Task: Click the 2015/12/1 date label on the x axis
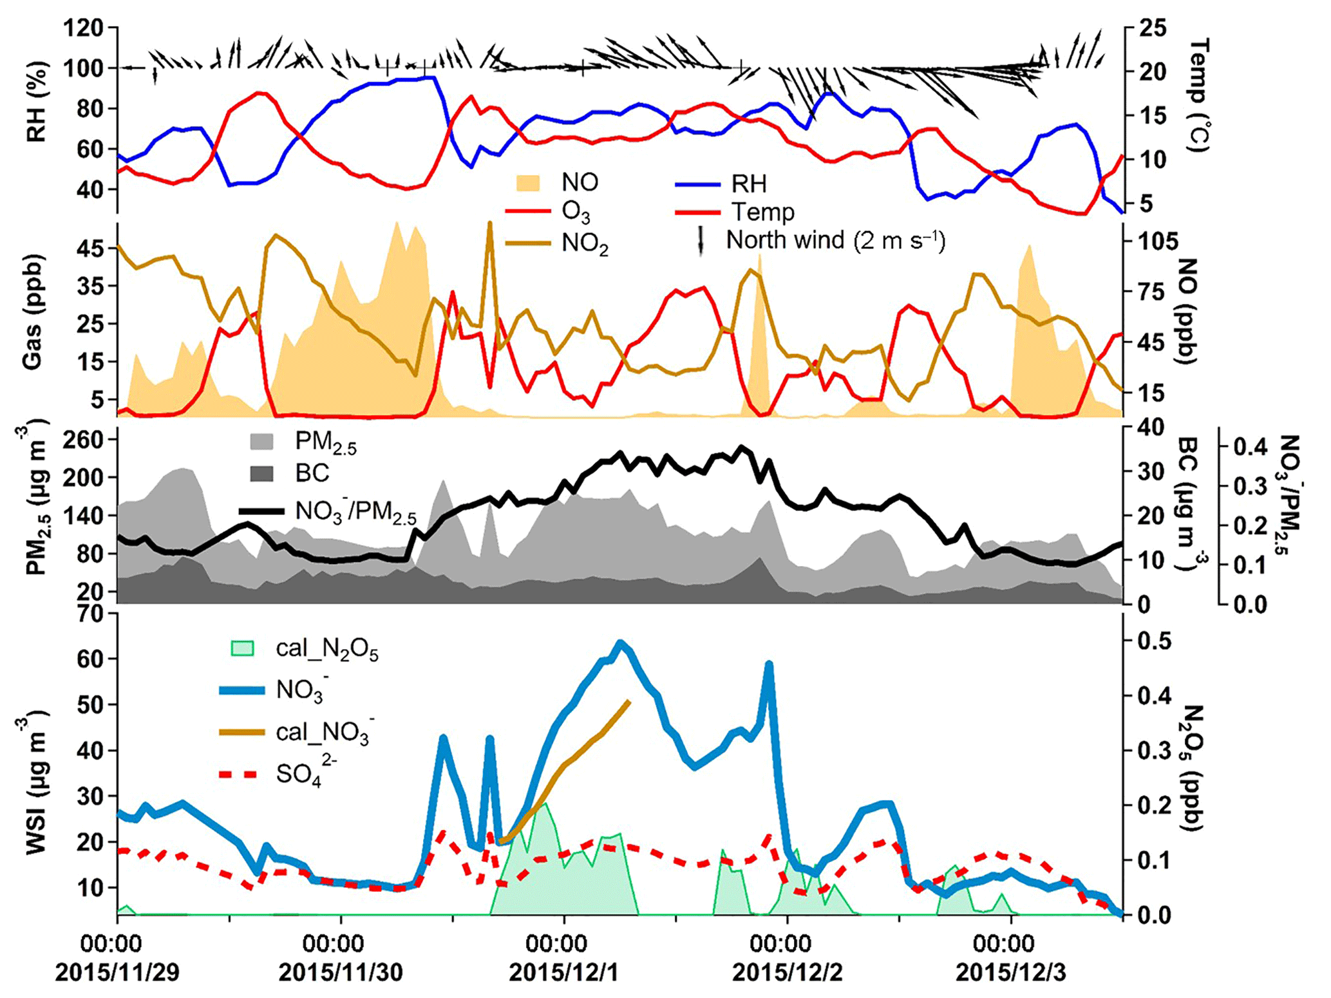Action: (x=563, y=972)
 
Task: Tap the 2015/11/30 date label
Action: (x=340, y=972)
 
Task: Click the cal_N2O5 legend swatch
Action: (x=242, y=648)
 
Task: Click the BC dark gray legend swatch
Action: (x=261, y=473)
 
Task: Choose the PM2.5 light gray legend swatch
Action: (x=261, y=441)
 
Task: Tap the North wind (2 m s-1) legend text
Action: (x=835, y=240)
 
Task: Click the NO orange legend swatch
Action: (x=527, y=183)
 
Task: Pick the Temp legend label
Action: (x=762, y=212)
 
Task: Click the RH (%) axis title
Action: (x=37, y=102)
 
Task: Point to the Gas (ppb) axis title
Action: (x=32, y=314)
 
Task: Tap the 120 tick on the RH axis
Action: (x=84, y=28)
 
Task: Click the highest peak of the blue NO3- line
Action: (x=620, y=643)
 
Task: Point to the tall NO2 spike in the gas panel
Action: (x=490, y=224)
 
